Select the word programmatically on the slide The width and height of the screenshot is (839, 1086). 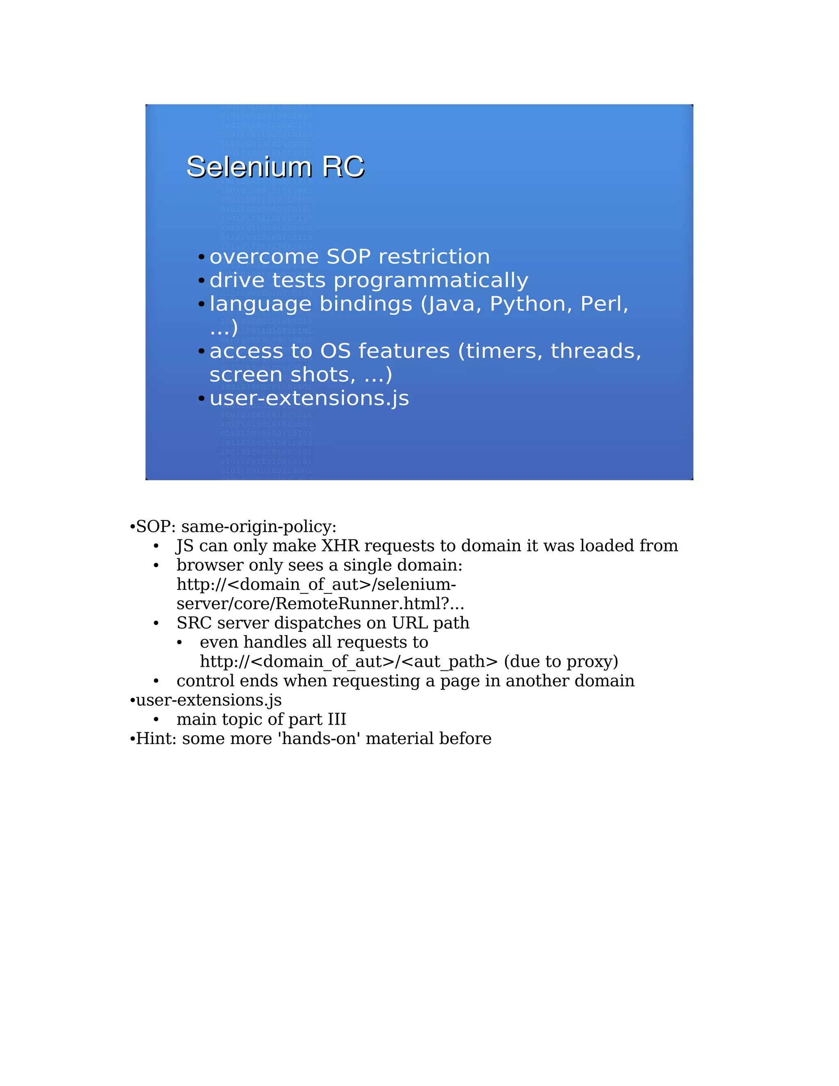[431, 280]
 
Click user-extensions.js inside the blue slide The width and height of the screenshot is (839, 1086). [309, 398]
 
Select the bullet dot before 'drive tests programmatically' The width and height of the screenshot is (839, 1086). [201, 280]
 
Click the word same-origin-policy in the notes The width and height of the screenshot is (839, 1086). [259, 526]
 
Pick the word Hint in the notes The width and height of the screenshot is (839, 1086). [152, 738]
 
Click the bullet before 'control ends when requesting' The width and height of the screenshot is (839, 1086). [156, 681]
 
